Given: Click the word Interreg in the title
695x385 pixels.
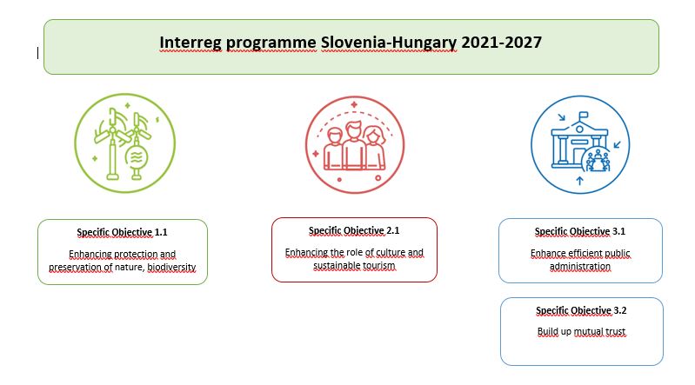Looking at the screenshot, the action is [x=190, y=43].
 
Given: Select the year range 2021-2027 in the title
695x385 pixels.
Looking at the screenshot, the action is [x=501, y=42].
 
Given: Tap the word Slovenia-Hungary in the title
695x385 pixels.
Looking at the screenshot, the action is [x=389, y=43].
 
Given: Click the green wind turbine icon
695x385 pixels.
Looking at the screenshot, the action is [x=125, y=143].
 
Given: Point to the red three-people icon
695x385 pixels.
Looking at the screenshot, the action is [x=355, y=145].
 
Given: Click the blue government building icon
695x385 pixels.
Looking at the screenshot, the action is [x=580, y=145].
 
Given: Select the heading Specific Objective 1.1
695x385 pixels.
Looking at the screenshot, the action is [x=122, y=232].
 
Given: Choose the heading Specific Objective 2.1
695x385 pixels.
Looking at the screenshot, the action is [x=354, y=230].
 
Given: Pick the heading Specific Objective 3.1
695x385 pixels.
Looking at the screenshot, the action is [x=580, y=231].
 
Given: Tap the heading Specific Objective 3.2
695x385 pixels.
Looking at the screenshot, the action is [x=581, y=310].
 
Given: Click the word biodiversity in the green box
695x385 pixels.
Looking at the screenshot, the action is [x=171, y=267].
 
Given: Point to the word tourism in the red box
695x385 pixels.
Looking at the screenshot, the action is [x=378, y=265].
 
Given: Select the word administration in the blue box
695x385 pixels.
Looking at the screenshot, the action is [x=580, y=266].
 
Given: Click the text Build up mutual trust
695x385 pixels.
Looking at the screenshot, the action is [x=581, y=331].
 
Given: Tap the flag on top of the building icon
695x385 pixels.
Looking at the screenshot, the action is [x=584, y=116].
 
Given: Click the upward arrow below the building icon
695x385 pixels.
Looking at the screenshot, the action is [x=580, y=180].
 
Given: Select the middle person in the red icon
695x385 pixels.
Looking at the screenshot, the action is [x=354, y=146].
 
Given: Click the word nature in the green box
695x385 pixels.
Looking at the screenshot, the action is [x=130, y=267].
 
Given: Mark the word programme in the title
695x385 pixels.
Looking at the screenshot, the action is [x=271, y=43].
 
